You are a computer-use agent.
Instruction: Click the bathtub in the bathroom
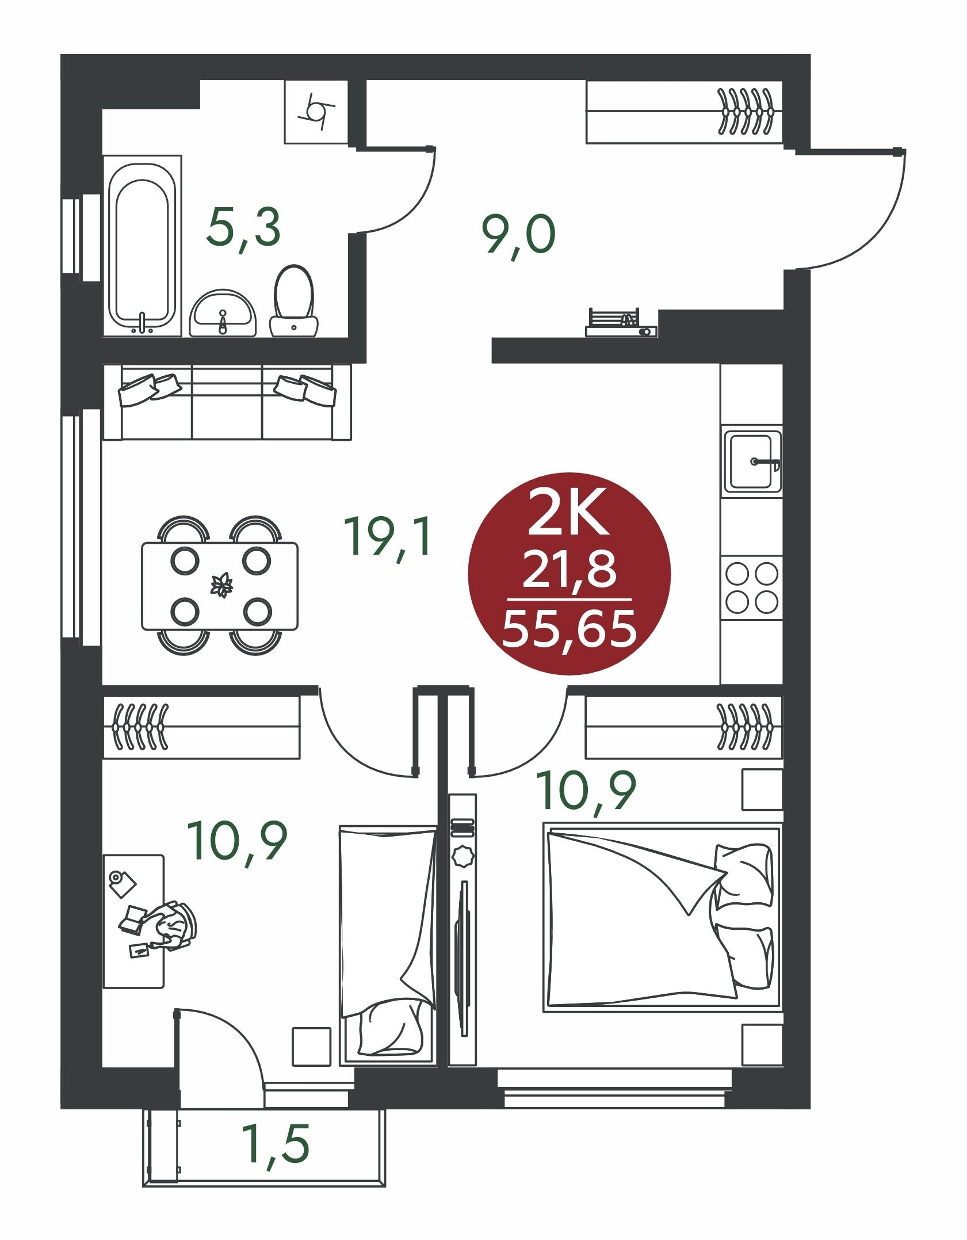tap(142, 245)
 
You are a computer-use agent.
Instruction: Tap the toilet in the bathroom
tap(294, 300)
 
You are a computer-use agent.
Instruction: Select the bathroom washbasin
tap(223, 313)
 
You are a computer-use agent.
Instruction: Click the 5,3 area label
tap(244, 228)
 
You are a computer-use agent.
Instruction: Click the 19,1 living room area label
tap(387, 536)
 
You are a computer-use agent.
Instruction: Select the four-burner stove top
tap(751, 587)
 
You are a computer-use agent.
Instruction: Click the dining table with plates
tap(220, 585)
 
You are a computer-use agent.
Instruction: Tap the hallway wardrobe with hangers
tap(684, 112)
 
